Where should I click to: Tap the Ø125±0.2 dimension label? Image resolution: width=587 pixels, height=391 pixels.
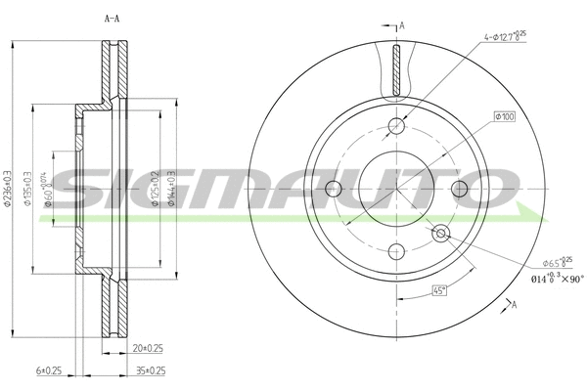pos(157,187)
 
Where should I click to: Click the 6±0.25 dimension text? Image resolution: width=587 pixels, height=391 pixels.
pos(50,370)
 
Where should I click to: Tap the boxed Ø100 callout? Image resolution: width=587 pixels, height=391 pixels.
pos(505,116)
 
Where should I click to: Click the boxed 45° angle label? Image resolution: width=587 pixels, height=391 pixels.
pos(440,289)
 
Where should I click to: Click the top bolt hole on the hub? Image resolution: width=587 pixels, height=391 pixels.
pos(396,124)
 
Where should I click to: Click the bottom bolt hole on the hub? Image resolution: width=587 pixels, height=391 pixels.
pos(396,249)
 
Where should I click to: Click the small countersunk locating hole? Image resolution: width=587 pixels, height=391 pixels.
pos(440,232)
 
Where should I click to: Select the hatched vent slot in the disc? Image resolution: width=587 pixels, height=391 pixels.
pos(396,73)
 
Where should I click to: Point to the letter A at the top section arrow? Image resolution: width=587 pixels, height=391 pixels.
pos(401,23)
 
